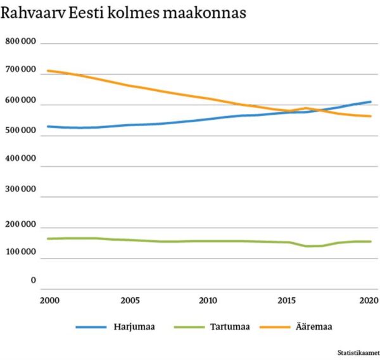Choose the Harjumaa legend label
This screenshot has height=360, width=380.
pyautogui.click(x=135, y=327)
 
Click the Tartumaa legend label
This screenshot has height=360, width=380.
pyautogui.click(x=230, y=327)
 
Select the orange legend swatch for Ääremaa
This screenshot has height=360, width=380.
pyautogui.click(x=275, y=327)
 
